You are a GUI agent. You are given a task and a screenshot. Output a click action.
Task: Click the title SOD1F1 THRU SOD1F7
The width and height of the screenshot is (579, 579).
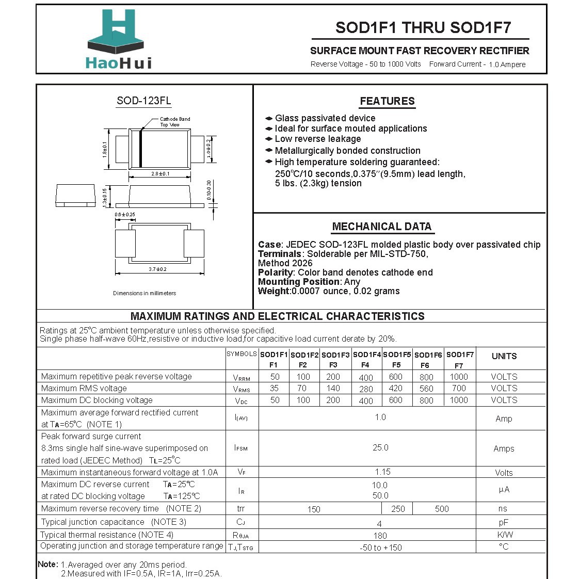click(423, 28)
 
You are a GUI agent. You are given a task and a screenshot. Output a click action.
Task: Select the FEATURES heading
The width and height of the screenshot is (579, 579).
click(387, 101)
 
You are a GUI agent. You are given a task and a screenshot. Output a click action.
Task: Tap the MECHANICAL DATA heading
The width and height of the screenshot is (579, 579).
click(381, 227)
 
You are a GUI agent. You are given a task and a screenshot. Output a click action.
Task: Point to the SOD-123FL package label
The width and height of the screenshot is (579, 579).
click(143, 101)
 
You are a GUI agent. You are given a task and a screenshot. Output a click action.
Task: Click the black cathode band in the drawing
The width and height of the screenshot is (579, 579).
click(140, 148)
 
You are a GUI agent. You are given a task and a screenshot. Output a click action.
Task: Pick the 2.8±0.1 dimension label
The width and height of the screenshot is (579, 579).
click(160, 174)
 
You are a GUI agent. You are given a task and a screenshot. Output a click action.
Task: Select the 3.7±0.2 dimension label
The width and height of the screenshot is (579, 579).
click(157, 269)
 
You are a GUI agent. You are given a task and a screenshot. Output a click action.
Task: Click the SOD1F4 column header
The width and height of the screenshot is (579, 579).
click(366, 355)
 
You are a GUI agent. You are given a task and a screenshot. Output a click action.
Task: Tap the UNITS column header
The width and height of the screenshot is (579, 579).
click(504, 356)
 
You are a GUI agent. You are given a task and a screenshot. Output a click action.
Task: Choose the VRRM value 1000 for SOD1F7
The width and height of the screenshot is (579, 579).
click(458, 377)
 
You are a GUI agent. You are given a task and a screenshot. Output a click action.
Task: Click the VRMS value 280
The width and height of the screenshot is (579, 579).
click(366, 389)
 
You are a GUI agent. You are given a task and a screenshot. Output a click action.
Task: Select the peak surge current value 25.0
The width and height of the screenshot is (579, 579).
click(380, 448)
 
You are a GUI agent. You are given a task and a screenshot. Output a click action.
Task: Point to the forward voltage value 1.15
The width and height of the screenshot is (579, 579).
click(382, 472)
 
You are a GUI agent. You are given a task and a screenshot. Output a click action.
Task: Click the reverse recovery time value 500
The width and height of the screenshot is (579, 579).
click(442, 509)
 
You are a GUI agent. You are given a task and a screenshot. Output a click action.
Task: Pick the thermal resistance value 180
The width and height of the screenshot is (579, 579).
click(380, 536)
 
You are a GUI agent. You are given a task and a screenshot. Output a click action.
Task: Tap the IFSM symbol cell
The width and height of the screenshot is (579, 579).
click(241, 448)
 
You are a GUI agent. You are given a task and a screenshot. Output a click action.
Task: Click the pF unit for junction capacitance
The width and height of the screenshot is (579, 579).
click(504, 522)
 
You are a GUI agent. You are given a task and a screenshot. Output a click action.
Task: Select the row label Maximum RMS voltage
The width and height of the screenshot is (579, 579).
click(84, 389)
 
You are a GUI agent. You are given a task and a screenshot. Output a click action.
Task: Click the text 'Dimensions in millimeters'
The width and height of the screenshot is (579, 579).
click(144, 293)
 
